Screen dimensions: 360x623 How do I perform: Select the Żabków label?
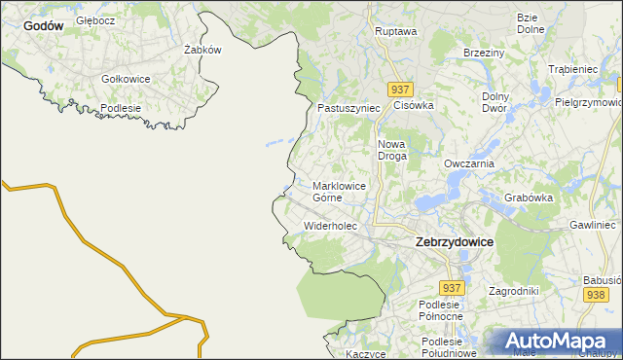[202, 49]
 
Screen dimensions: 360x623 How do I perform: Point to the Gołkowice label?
[125, 79]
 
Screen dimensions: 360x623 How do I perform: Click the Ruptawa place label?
[396, 31]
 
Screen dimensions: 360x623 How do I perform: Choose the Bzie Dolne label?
[531, 23]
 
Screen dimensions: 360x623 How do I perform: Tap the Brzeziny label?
[483, 53]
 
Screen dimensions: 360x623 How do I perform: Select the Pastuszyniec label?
[348, 108]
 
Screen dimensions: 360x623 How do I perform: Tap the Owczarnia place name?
[469, 164]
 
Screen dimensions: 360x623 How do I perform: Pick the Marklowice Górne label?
[340, 191]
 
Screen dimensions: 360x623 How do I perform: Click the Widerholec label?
[331, 226]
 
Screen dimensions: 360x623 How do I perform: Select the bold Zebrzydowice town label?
[454, 240]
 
